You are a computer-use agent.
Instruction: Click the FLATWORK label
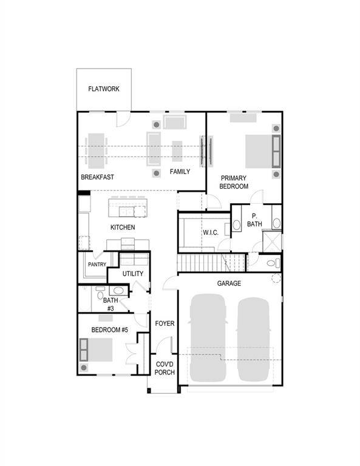pyautogui.click(x=104, y=89)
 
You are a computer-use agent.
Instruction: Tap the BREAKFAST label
pyautogui.click(x=98, y=178)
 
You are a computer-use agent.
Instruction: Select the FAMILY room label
pyautogui.click(x=180, y=172)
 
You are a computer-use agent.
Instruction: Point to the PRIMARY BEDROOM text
pyautogui.click(x=234, y=183)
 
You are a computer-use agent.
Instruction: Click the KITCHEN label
pyautogui.click(x=123, y=228)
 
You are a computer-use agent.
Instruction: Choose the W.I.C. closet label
pyautogui.click(x=211, y=232)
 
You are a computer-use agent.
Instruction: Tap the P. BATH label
pyautogui.click(x=254, y=220)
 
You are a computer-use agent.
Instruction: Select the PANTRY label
pyautogui.click(x=97, y=264)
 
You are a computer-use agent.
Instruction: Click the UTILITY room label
pyautogui.click(x=133, y=274)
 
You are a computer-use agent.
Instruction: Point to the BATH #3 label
pyautogui.click(x=110, y=304)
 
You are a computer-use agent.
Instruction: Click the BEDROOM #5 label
pyautogui.click(x=110, y=330)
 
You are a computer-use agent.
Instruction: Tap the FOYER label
pyautogui.click(x=165, y=323)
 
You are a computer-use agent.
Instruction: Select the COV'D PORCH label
pyautogui.click(x=165, y=368)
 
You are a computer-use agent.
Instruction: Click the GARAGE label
pyautogui.click(x=229, y=283)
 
